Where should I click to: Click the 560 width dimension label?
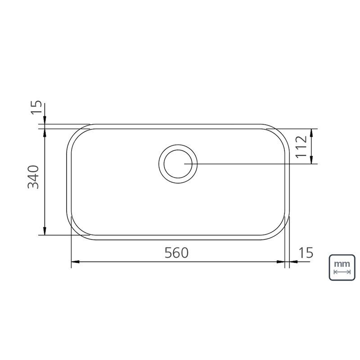[x=176, y=252]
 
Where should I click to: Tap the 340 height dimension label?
[x=33, y=177]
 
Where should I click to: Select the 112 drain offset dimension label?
[x=301, y=147]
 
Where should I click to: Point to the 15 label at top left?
[x=36, y=107]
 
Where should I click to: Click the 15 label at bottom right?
[x=306, y=252]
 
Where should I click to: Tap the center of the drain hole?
[x=178, y=164]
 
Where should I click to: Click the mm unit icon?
[x=342, y=267]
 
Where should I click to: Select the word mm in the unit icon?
[x=342, y=264]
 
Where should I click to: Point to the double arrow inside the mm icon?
[x=342, y=272]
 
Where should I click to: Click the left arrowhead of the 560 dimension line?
[x=75, y=262]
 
